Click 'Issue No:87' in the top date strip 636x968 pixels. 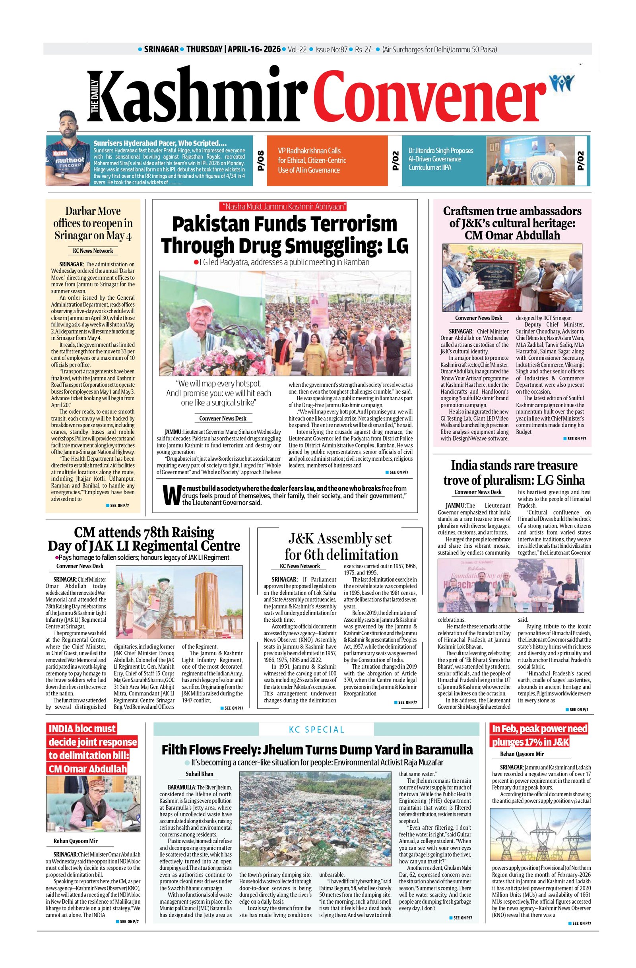coord(331,50)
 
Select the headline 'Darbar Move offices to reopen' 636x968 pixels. coord(93,223)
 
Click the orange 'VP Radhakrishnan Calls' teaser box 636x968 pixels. coord(327,160)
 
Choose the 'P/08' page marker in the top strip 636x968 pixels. coord(260,161)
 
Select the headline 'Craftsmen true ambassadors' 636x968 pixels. coord(512,223)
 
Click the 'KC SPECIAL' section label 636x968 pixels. coord(316,729)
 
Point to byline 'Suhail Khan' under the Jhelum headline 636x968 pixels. coord(199,774)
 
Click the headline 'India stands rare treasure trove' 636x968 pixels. coord(514,473)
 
